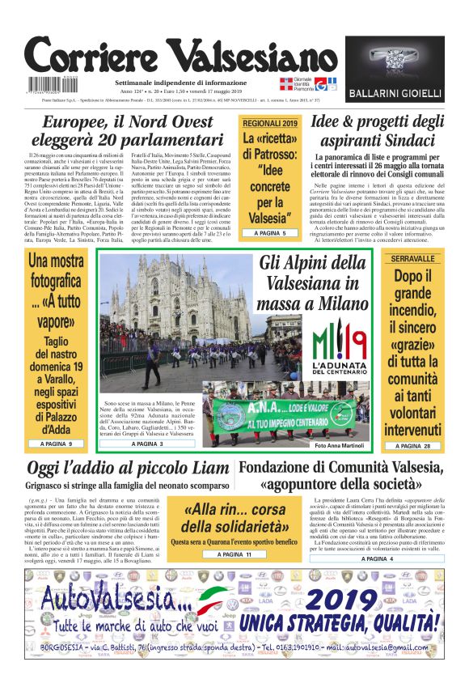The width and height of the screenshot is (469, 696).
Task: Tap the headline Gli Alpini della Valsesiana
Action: click(312, 283)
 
